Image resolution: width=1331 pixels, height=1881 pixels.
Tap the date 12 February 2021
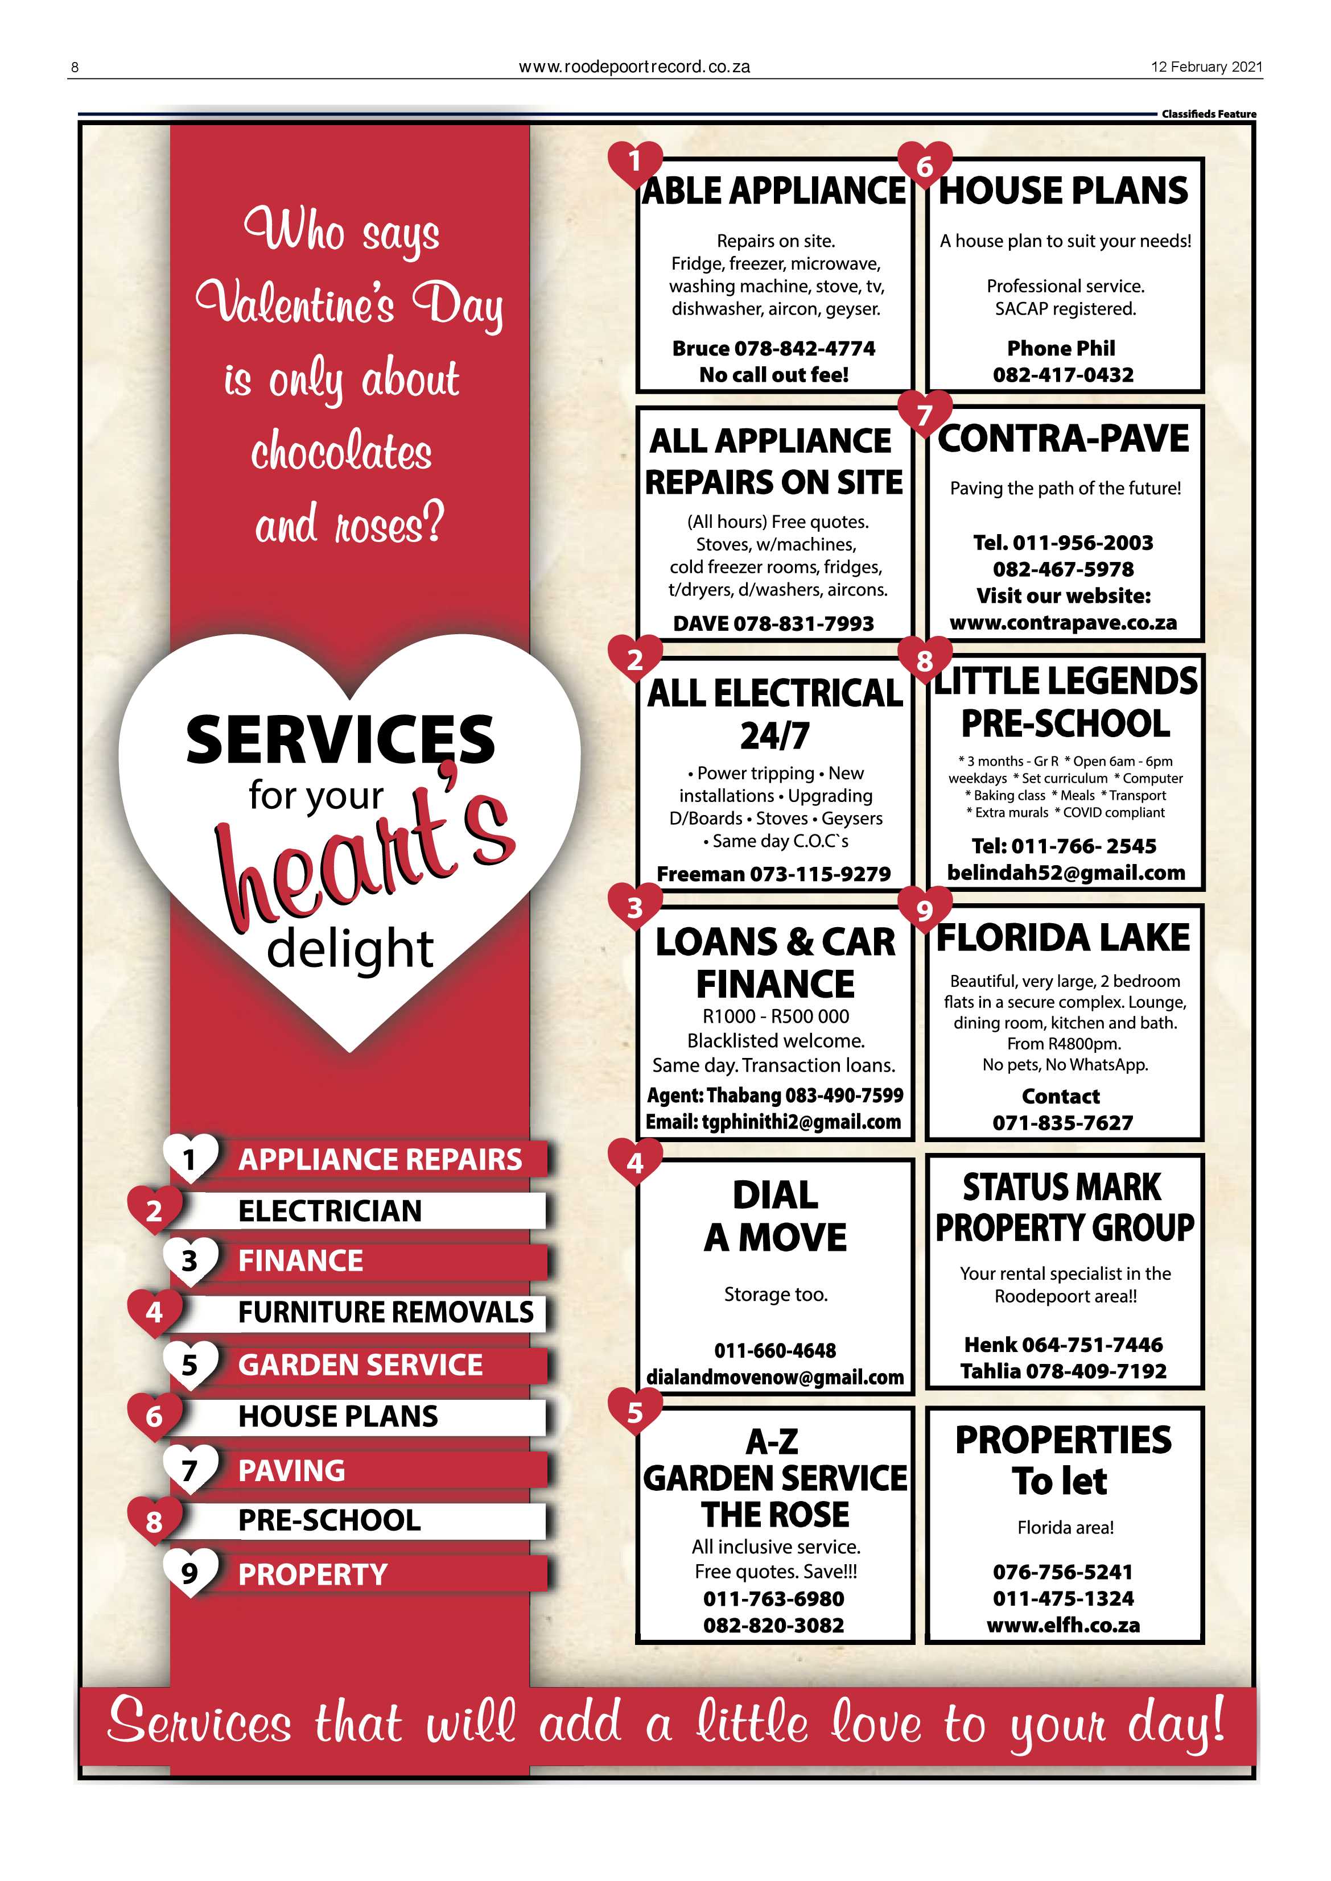click(x=1206, y=67)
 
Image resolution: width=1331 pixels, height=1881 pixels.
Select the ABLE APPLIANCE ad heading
click(x=774, y=191)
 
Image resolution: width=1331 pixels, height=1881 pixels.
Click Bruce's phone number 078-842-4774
click(x=804, y=348)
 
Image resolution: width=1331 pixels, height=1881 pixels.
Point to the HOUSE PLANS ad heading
click(x=1063, y=191)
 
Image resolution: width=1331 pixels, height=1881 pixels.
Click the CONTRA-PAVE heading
click(x=1063, y=439)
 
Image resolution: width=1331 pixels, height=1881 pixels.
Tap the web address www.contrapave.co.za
click(x=1063, y=623)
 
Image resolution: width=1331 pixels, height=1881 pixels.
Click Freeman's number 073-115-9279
click(x=819, y=874)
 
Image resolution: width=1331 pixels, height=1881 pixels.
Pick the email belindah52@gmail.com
click(x=1065, y=873)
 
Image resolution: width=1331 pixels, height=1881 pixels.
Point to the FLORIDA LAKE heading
click(x=1063, y=938)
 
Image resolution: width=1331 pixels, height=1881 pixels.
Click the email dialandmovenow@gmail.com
click(x=774, y=1377)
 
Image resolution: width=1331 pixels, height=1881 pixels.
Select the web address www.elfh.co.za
click(x=1063, y=1626)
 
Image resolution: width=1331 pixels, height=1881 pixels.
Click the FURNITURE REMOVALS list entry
click(x=385, y=1312)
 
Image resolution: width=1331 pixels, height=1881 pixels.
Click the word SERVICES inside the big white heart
click(x=340, y=740)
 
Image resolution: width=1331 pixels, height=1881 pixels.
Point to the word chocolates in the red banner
click(x=341, y=452)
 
